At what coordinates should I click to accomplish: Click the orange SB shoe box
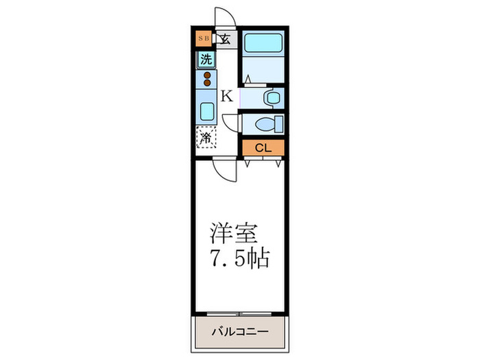click(x=203, y=38)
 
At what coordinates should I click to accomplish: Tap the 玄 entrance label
click(x=225, y=38)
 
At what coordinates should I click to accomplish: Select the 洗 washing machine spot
click(x=206, y=60)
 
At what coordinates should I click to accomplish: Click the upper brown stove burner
click(x=206, y=75)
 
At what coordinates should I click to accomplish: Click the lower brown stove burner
click(x=206, y=84)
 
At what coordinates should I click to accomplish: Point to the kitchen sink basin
click(x=206, y=110)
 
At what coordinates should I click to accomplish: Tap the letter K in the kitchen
click(x=226, y=97)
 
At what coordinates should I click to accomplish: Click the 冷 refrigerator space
click(x=206, y=137)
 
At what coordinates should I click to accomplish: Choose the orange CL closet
click(x=263, y=147)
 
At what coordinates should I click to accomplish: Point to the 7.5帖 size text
click(x=240, y=259)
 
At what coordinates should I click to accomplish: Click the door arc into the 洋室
click(x=224, y=169)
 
